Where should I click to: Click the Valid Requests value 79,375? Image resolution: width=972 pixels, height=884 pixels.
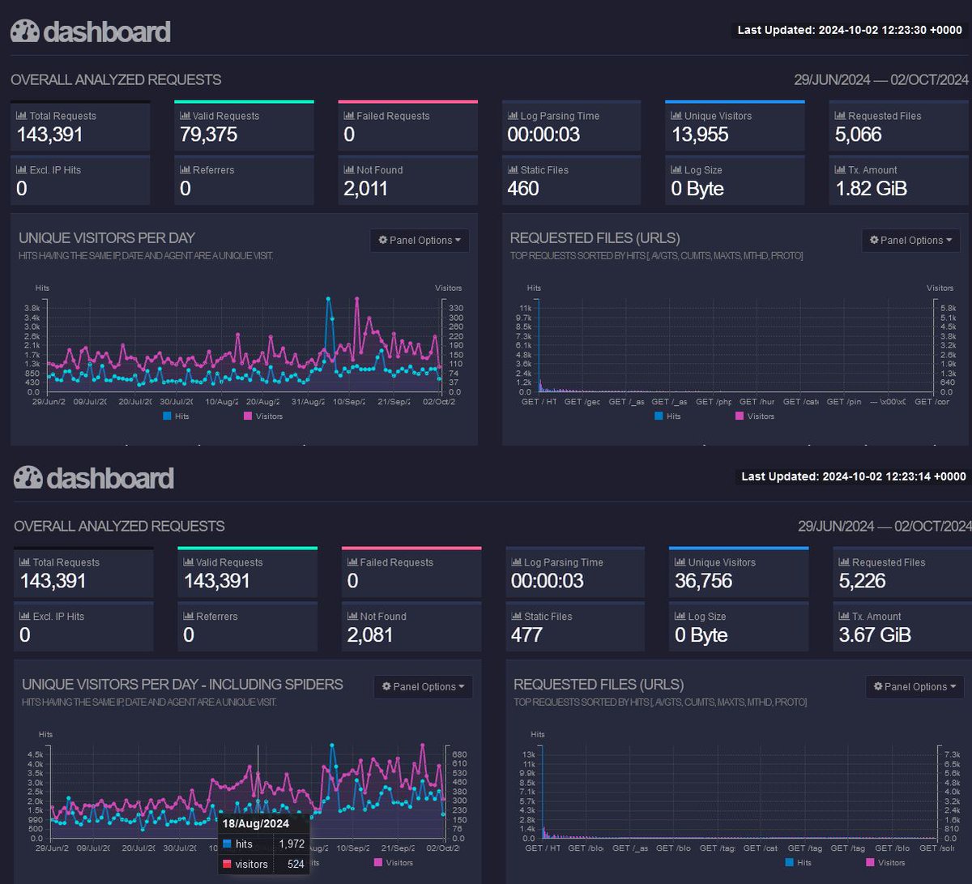209,135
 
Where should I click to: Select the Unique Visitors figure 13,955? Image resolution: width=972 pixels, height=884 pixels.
700,135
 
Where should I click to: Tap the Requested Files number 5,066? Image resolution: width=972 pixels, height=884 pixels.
858,135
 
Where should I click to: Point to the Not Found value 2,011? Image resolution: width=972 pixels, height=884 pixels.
365,189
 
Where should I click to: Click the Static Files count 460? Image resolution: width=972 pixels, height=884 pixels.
522,189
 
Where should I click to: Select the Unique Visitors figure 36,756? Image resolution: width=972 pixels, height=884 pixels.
703,581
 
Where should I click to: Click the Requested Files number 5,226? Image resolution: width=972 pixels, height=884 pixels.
863,581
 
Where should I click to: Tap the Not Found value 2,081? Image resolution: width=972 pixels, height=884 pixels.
369,635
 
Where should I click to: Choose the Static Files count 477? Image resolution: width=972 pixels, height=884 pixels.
526,635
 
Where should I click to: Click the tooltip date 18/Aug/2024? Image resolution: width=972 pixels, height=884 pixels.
257,824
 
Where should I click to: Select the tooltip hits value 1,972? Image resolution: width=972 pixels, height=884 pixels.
292,844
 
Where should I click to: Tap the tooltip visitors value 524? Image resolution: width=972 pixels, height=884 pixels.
296,864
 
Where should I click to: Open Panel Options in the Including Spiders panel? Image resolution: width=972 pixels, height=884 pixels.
423,686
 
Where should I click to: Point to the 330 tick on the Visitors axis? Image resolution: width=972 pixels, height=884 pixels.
455,308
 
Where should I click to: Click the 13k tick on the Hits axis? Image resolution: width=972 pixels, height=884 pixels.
529,754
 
